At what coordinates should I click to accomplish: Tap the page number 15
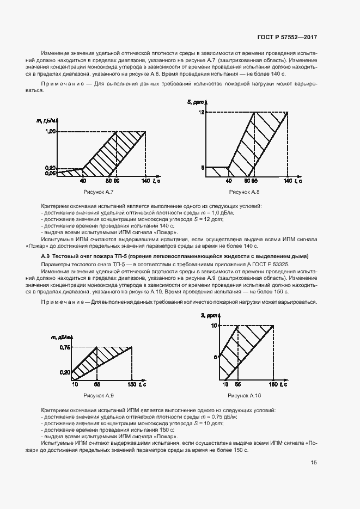[314, 463]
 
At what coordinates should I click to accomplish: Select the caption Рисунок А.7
[99, 193]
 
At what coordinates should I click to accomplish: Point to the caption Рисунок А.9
[99, 395]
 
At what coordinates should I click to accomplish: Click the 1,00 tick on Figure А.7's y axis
[51, 132]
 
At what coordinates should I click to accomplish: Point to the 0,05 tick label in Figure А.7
[51, 173]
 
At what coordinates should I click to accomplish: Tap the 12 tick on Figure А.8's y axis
[200, 112]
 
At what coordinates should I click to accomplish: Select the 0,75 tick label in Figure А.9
[65, 347]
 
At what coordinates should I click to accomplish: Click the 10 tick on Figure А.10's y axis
[215, 326]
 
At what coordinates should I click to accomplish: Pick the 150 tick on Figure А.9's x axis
[132, 385]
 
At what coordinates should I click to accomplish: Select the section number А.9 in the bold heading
[46, 256]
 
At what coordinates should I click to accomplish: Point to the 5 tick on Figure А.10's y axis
[216, 357]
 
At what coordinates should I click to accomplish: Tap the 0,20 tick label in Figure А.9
[65, 373]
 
